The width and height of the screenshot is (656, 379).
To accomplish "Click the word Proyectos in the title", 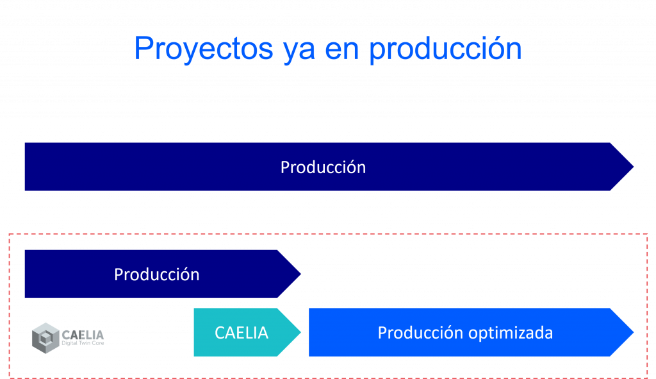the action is click(x=204, y=49).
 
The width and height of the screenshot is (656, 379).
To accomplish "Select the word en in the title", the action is click(x=342, y=51).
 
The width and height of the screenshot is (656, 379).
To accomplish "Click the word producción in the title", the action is click(x=446, y=49).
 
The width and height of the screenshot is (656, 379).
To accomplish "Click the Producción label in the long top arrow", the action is click(x=323, y=167).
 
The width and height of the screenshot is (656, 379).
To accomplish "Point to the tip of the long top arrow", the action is click(x=634, y=167).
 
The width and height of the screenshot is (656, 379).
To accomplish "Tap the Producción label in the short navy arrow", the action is click(x=157, y=274).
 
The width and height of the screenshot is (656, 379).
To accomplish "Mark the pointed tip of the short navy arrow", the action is click(x=301, y=274).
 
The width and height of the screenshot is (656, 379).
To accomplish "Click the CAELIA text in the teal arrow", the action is click(x=242, y=333).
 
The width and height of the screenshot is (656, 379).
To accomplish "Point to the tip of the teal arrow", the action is click(x=301, y=332).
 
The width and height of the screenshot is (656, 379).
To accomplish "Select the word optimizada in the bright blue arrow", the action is click(x=511, y=333).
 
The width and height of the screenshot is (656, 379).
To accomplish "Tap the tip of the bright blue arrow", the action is click(x=634, y=332).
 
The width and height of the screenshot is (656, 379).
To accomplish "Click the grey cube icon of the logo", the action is click(x=45, y=338).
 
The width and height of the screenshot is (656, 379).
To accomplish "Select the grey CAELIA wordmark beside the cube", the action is click(x=83, y=335).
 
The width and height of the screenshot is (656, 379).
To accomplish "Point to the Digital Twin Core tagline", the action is click(x=83, y=343).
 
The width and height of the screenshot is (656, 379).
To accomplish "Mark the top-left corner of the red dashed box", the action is click(x=10, y=234).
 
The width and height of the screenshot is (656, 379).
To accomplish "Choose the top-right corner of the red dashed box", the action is click(x=647, y=234).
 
